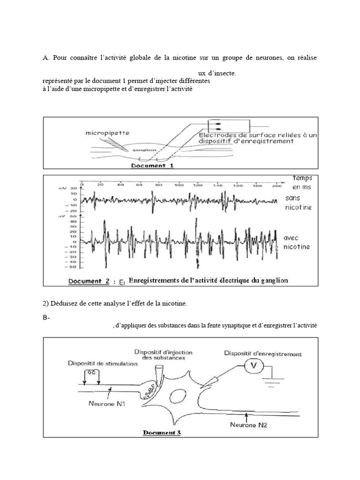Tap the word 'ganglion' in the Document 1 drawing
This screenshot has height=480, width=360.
[x=141, y=150]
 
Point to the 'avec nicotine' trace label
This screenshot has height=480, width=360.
[x=297, y=242]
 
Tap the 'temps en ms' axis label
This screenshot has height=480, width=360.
[x=302, y=182]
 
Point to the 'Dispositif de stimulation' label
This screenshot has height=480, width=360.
[x=103, y=363]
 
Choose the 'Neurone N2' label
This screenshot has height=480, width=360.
[x=249, y=425]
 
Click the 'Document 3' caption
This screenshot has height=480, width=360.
[x=162, y=433]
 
